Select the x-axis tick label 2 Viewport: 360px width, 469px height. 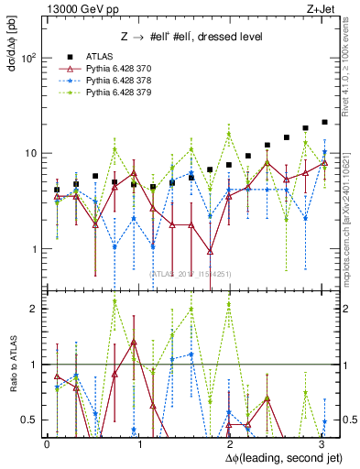coord(229,443)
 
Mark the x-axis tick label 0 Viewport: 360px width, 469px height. coord(47,443)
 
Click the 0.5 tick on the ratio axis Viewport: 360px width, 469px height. coord(29,420)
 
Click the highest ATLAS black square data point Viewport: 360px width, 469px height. coord(324,122)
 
